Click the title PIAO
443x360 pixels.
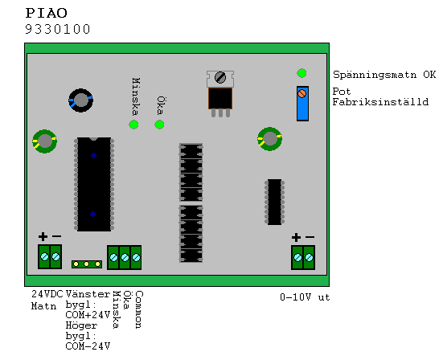point(47,13)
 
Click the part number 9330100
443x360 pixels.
point(58,29)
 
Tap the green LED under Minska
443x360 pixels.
point(133,125)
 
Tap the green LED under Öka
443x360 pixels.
point(159,125)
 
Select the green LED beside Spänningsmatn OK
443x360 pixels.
point(301,73)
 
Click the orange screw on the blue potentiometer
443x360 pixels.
point(302,93)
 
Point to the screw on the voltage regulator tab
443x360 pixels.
point(220,77)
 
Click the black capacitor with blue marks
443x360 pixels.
point(81,100)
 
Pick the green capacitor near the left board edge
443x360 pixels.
point(45,141)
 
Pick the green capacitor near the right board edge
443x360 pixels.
point(270,139)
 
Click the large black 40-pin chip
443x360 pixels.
point(94,184)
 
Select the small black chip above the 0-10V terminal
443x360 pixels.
point(274,202)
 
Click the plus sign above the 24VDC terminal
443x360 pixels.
point(43,236)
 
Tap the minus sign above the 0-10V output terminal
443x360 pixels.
point(310,237)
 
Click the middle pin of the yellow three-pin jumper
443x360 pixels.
point(87,264)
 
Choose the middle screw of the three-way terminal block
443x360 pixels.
point(125,257)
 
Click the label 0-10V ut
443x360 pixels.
point(305,297)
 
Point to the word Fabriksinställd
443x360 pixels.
point(380,102)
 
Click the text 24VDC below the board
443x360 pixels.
point(47,294)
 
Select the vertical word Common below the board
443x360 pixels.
point(139,309)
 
